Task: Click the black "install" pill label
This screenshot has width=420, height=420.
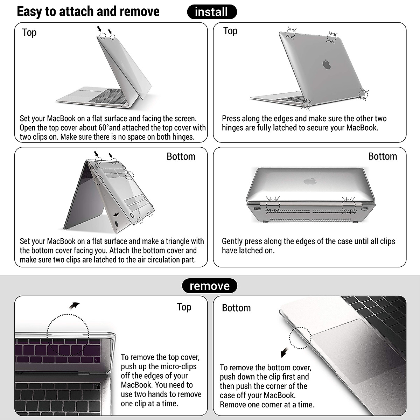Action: pyautogui.click(x=212, y=12)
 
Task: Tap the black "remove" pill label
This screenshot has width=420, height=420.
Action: pyautogui.click(x=209, y=286)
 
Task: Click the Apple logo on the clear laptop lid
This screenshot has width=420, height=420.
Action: pyautogui.click(x=327, y=64)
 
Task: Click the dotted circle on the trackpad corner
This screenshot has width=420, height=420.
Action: pyautogui.click(x=300, y=338)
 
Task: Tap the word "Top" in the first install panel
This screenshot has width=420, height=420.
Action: pyautogui.click(x=29, y=33)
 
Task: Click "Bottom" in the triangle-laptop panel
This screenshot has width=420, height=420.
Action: pyautogui.click(x=181, y=156)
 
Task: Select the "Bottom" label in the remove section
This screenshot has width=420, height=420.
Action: pyautogui.click(x=236, y=308)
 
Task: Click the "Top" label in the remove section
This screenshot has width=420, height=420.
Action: pyautogui.click(x=184, y=307)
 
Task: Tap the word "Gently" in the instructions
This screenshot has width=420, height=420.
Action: pyautogui.click(x=232, y=241)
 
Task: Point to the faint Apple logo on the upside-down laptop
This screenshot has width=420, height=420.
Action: pyautogui.click(x=309, y=181)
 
